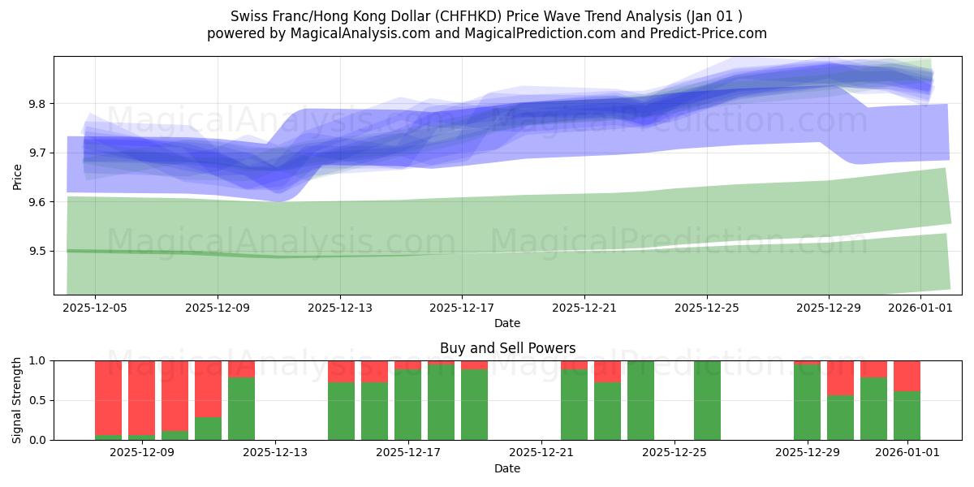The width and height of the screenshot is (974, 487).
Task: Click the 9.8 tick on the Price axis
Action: pyautogui.click(x=38, y=104)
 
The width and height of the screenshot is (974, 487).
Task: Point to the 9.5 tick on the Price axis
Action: pyautogui.click(x=38, y=251)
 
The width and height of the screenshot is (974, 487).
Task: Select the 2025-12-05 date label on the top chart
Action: pyautogui.click(x=95, y=308)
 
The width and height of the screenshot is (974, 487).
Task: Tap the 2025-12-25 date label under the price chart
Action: pyautogui.click(x=706, y=308)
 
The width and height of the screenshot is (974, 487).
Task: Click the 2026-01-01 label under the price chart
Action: pyautogui.click(x=920, y=308)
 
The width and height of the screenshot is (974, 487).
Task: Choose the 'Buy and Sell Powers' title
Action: pyautogui.click(x=507, y=348)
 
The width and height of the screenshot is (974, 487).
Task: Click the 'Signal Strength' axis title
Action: pyautogui.click(x=17, y=400)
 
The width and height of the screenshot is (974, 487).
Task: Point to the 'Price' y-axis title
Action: pyautogui.click(x=17, y=176)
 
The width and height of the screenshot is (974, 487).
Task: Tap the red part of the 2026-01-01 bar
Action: pyautogui.click(x=907, y=376)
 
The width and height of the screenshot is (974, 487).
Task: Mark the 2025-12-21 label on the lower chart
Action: pyautogui.click(x=541, y=453)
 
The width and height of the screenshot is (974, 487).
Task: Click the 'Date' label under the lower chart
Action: pyautogui.click(x=507, y=468)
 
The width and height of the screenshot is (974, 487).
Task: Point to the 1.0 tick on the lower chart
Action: pyautogui.click(x=38, y=360)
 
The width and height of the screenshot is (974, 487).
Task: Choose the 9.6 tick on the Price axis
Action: pyautogui.click(x=38, y=201)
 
